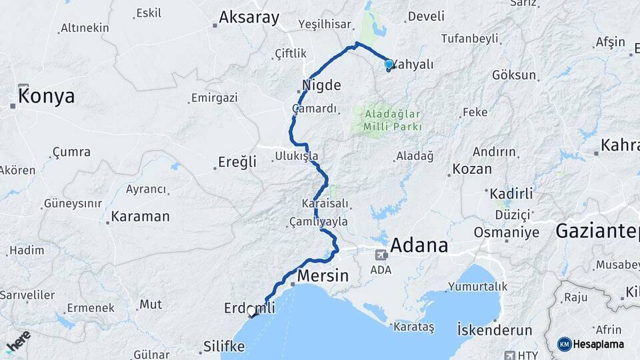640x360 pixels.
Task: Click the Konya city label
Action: (46, 97)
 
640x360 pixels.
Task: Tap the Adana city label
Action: (419, 245)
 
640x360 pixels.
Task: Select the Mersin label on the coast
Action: (323, 275)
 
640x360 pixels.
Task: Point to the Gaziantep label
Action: (596, 232)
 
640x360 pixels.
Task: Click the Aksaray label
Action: (249, 18)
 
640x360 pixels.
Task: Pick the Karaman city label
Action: (140, 217)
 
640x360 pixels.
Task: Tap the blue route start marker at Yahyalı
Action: (389, 65)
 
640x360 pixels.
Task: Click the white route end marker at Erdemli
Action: (251, 311)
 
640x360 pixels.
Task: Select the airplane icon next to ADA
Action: (380, 254)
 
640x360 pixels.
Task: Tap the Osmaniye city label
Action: (506, 232)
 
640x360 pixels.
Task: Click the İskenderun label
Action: (495, 330)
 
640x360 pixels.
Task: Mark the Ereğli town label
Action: (237, 162)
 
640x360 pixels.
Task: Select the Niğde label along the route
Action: (321, 85)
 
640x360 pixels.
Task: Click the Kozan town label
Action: (472, 169)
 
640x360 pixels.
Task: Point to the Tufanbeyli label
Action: (469, 39)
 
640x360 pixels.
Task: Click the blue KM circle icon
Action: (564, 345)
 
